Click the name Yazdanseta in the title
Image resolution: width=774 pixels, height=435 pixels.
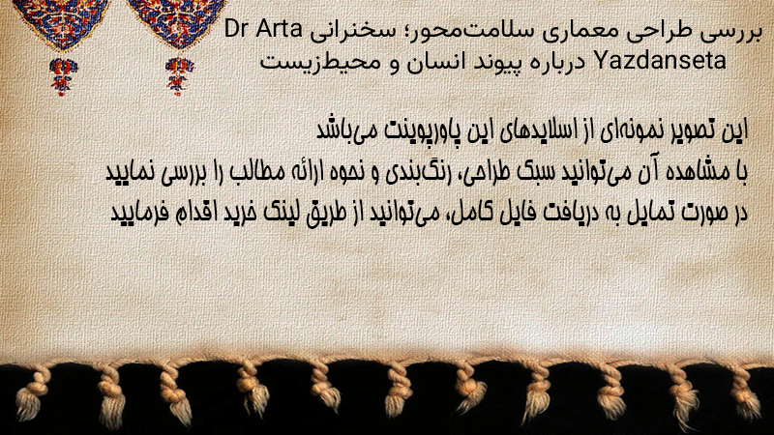[x=661, y=61]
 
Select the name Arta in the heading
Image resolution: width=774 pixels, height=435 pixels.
[x=280, y=30]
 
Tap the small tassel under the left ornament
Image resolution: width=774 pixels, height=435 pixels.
[x=63, y=76]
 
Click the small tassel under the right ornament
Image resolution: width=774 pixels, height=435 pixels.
[x=179, y=76]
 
